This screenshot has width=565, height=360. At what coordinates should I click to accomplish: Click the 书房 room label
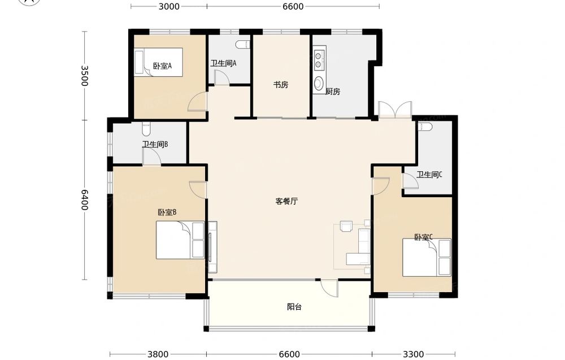[x=281, y=85]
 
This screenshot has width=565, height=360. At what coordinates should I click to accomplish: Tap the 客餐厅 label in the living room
[x=286, y=201]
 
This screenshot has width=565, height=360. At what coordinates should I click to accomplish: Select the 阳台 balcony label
[x=294, y=307]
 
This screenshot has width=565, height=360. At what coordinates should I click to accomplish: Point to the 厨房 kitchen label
[x=333, y=92]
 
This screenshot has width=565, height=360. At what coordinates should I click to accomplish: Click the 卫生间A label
[x=223, y=63]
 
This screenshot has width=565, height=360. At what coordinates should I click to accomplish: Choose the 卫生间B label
[x=155, y=145]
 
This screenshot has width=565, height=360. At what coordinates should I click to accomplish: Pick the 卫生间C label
[x=429, y=175]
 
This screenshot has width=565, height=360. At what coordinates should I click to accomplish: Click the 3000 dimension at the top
[x=169, y=6]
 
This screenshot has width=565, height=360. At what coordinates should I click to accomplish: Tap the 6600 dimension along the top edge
[x=293, y=6]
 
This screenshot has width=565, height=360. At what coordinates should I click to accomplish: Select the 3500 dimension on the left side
[x=84, y=76]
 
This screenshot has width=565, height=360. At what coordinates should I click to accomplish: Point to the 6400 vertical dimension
[x=84, y=200]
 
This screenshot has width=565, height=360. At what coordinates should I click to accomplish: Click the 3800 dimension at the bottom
[x=158, y=354]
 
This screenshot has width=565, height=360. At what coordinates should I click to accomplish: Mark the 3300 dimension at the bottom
[x=414, y=354]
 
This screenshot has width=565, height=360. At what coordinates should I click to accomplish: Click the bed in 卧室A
[x=159, y=62]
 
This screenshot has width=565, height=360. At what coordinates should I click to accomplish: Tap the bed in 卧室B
[x=180, y=240]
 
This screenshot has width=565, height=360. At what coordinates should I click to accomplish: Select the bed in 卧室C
[x=427, y=258]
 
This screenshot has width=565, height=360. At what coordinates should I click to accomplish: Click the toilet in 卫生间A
[x=242, y=45]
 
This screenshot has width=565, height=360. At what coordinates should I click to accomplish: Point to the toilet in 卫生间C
[x=425, y=127]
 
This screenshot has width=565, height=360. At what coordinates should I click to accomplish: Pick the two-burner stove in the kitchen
[x=319, y=60]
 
